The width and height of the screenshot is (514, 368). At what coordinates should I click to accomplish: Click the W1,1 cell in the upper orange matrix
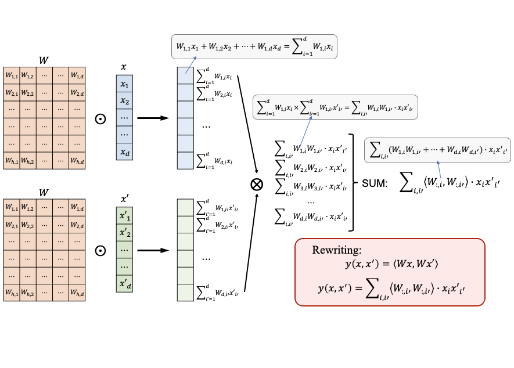click(x=12, y=75)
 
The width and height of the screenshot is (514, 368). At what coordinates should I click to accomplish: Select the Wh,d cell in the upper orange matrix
click(x=77, y=161)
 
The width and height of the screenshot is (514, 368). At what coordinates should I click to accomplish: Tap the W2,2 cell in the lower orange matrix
click(x=28, y=225)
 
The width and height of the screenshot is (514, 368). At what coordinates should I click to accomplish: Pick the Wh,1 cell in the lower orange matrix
click(x=12, y=292)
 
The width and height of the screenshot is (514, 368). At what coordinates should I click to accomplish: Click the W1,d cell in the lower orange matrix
click(x=77, y=207)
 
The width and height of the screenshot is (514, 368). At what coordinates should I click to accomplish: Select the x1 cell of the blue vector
click(x=124, y=84)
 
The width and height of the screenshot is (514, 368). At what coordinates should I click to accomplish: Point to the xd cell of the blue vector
click(x=124, y=152)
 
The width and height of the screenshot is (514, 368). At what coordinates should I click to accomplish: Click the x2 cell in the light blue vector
click(x=124, y=101)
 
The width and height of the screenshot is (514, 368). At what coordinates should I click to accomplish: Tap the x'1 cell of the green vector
click(x=124, y=216)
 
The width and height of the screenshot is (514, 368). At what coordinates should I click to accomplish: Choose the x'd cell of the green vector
click(x=124, y=283)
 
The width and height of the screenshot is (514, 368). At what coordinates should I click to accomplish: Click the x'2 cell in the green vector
click(x=124, y=233)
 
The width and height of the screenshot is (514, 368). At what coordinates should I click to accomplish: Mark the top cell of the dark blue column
click(x=185, y=75)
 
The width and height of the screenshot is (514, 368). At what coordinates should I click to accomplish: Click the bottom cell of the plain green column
click(x=185, y=292)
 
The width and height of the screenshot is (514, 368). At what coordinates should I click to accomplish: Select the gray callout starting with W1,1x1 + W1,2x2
click(x=254, y=46)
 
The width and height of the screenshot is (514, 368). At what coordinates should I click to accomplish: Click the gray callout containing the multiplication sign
click(x=335, y=107)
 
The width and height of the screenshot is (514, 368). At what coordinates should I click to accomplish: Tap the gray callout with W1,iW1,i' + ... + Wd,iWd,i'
click(x=437, y=150)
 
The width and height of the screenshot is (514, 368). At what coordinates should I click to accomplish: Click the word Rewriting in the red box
click(x=336, y=250)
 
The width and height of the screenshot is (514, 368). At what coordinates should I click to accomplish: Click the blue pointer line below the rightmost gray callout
click(x=439, y=171)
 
